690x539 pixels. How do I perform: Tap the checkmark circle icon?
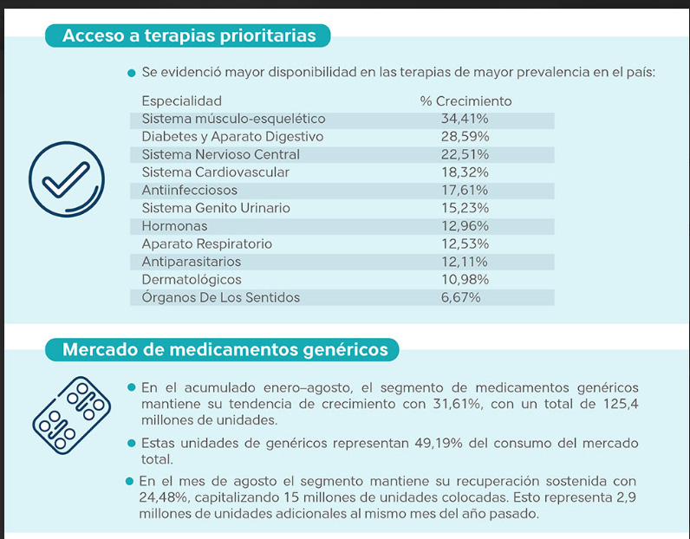point(66,180)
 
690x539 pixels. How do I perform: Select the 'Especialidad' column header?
point(181,101)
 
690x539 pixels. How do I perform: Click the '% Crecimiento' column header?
point(465,101)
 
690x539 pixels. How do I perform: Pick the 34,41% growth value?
point(465,119)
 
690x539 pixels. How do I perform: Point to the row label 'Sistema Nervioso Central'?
point(220,154)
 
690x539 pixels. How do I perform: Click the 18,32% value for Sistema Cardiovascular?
point(465,172)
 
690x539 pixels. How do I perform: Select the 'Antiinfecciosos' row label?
point(189,190)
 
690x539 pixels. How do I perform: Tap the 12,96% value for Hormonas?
point(465,226)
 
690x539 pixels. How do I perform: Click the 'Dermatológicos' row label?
point(191,280)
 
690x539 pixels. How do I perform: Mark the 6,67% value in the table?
point(460,297)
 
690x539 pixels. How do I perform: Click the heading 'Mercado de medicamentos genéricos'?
point(225,350)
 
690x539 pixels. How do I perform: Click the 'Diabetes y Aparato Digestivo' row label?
point(232,137)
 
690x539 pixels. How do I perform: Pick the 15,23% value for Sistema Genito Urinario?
point(465,208)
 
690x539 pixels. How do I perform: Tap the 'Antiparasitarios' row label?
point(192,262)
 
